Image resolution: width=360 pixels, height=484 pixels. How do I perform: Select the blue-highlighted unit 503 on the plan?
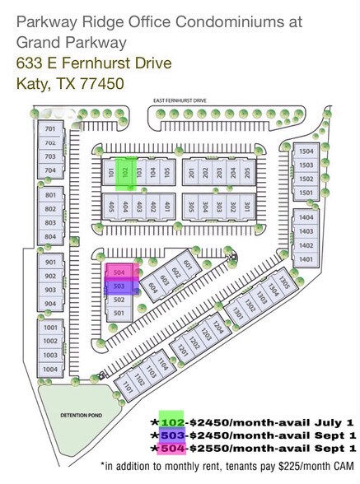pyautogui.click(x=119, y=286)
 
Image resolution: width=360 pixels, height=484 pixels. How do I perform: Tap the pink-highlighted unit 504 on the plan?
pyautogui.click(x=119, y=272)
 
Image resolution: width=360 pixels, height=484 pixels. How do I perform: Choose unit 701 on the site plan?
pyautogui.click(x=50, y=129)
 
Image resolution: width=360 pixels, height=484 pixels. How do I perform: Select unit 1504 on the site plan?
pyautogui.click(x=306, y=152)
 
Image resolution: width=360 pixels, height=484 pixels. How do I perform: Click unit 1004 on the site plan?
pyautogui.click(x=50, y=369)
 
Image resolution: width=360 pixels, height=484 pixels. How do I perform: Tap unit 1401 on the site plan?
pyautogui.click(x=306, y=259)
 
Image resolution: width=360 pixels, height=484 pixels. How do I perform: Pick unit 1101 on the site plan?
pyautogui.click(x=128, y=385)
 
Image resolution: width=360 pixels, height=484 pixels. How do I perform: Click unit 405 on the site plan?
pyautogui.click(x=111, y=207)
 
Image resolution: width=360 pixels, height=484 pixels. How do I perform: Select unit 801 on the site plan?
pyautogui.click(x=50, y=196)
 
